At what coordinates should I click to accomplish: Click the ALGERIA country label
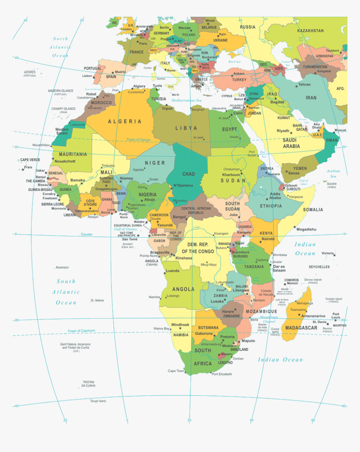pyautogui.click(x=125, y=121)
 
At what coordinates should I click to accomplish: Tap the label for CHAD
pyautogui.click(x=188, y=174)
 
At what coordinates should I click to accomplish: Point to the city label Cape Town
pyautogui.click(x=176, y=371)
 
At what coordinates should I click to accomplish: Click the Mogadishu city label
pyautogui.click(x=306, y=229)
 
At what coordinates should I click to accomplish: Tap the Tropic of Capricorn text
pyautogui.click(x=81, y=331)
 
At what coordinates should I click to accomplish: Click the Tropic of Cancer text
pyautogui.click(x=139, y=139)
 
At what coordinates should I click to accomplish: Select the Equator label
pyautogui.click(x=87, y=234)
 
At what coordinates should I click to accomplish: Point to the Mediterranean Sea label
pyautogui.click(x=187, y=100)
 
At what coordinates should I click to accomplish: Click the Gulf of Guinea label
pyautogui.click(x=126, y=229)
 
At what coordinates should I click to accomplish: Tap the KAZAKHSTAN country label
pyautogui.click(x=310, y=31)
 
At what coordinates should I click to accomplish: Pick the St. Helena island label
pyautogui.click(x=97, y=300)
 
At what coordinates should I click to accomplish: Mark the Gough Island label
pyautogui.click(x=98, y=401)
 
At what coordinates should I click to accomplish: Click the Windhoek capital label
pyautogui.click(x=180, y=325)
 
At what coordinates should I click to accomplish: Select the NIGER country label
pyautogui.click(x=155, y=163)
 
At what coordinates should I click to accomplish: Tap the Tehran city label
pyautogui.click(x=304, y=85)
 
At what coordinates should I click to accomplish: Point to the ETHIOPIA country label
pyautogui.click(x=271, y=206)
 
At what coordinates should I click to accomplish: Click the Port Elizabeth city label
pyautogui.click(x=221, y=374)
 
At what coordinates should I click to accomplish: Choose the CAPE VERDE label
pyautogui.click(x=30, y=160)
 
